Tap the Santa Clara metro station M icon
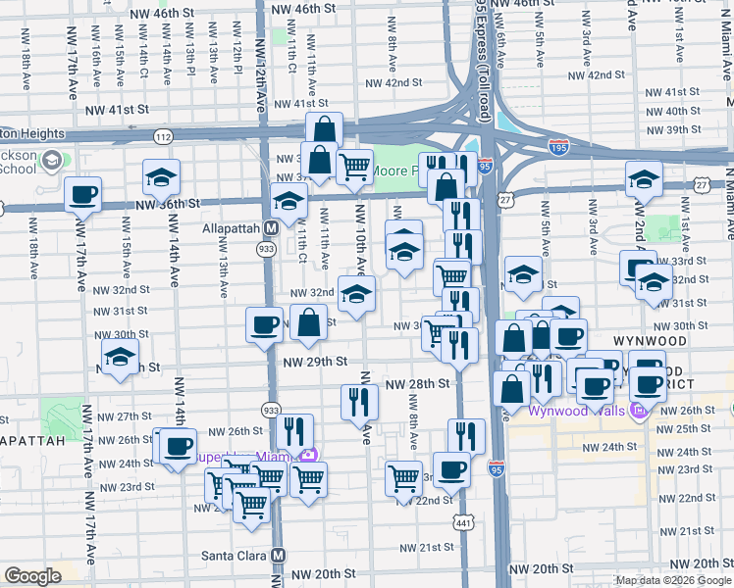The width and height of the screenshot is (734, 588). tap(280, 555)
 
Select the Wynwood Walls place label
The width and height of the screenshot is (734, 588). tap(579, 410)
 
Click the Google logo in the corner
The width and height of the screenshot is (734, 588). tap(32, 576)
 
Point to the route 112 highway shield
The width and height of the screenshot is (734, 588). tap(163, 135)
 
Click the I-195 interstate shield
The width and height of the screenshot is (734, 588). tap(558, 147)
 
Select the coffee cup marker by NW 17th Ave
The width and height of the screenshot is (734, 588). tap(83, 193)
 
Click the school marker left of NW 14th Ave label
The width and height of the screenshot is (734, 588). tap(161, 177)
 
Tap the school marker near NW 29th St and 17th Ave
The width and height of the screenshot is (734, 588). tap(120, 358)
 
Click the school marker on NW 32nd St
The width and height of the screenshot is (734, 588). tap(357, 293)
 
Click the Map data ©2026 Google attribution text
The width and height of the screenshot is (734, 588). tap(673, 580)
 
